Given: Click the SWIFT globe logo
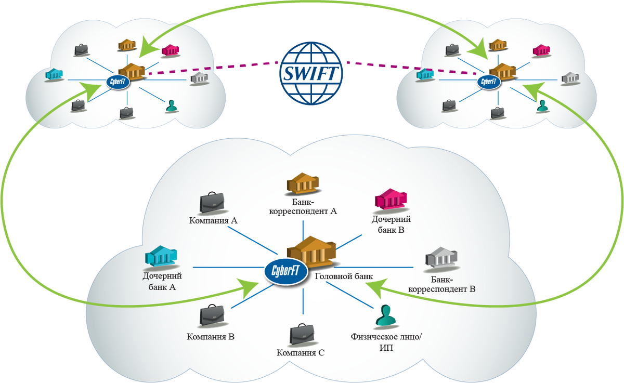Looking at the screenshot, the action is tap(311, 73).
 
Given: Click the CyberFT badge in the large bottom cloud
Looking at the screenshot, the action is tap(286, 271).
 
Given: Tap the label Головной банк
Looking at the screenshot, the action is tap(344, 276).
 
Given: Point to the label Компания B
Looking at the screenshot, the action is tap(211, 337).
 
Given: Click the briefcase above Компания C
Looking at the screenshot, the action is tap(302, 334).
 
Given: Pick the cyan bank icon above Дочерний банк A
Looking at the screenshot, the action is tap(161, 256).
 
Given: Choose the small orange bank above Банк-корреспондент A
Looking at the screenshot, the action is tap(303, 183).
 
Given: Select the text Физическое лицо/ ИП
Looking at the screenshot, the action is tap(386, 342).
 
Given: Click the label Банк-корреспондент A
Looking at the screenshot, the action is tap(303, 206).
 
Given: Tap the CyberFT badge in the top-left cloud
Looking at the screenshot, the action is tap(118, 82).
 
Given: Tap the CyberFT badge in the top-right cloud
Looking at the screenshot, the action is tap(489, 82).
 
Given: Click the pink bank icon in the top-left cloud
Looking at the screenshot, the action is tap(170, 50).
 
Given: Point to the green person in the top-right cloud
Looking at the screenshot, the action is tap(542, 106).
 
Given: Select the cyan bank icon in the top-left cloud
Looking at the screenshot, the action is tap(54, 74).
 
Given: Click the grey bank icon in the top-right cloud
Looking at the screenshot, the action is tap(570, 77).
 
